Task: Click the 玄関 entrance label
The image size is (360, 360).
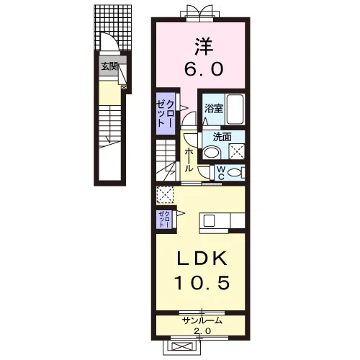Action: pyautogui.click(x=109, y=66)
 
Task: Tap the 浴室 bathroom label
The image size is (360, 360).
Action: pyautogui.click(x=214, y=109)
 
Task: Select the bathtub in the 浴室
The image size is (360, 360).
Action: pyautogui.click(x=235, y=109)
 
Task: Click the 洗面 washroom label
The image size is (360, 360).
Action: pyautogui.click(x=222, y=137)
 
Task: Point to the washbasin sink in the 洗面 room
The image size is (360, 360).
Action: pyautogui.click(x=212, y=153)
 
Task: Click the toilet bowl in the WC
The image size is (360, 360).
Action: pyautogui.click(x=234, y=173)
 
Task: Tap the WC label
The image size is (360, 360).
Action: pyautogui.click(x=221, y=173)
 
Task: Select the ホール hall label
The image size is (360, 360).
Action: pyautogui.click(x=189, y=160)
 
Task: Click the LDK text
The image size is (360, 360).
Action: pyautogui.click(x=202, y=258)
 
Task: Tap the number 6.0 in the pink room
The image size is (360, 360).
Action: pyautogui.click(x=204, y=68)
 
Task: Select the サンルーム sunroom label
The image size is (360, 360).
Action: pyautogui.click(x=202, y=320)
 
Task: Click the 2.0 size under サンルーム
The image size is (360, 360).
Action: pyautogui.click(x=202, y=331)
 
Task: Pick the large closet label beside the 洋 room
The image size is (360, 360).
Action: pyautogui.click(x=164, y=113)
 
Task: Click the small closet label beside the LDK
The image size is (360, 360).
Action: pyautogui.click(x=164, y=220)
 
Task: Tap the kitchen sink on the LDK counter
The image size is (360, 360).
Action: pyautogui.click(x=209, y=220)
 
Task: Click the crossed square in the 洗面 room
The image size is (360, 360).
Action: pyautogui.click(x=236, y=151)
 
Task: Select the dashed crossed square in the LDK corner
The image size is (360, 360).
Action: pyautogui.click(x=165, y=194)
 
